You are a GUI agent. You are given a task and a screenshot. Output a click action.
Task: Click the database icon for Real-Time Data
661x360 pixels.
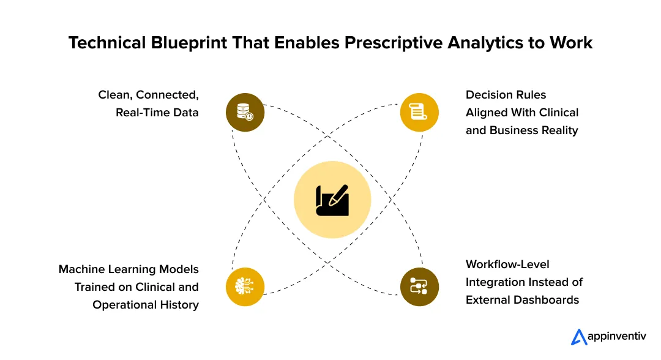point(245,112)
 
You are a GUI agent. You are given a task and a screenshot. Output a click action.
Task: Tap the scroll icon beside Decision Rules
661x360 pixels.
point(419,112)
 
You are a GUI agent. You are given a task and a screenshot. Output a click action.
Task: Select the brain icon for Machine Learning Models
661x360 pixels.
point(245,287)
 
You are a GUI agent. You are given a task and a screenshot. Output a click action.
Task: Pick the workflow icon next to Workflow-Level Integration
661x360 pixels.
point(419,287)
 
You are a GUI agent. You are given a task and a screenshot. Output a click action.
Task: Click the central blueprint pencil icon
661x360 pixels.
point(332,200)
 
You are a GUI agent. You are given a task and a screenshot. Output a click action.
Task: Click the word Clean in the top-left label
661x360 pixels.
point(114,95)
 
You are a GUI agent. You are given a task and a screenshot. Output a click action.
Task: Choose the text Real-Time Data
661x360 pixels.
point(157,113)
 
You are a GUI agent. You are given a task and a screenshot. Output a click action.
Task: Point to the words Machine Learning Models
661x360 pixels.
point(129,269)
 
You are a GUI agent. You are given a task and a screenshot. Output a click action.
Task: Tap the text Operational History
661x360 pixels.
point(146,305)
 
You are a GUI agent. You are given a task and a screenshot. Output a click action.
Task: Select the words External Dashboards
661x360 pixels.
point(522,300)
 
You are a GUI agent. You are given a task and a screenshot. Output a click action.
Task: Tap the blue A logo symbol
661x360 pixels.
point(578,337)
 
